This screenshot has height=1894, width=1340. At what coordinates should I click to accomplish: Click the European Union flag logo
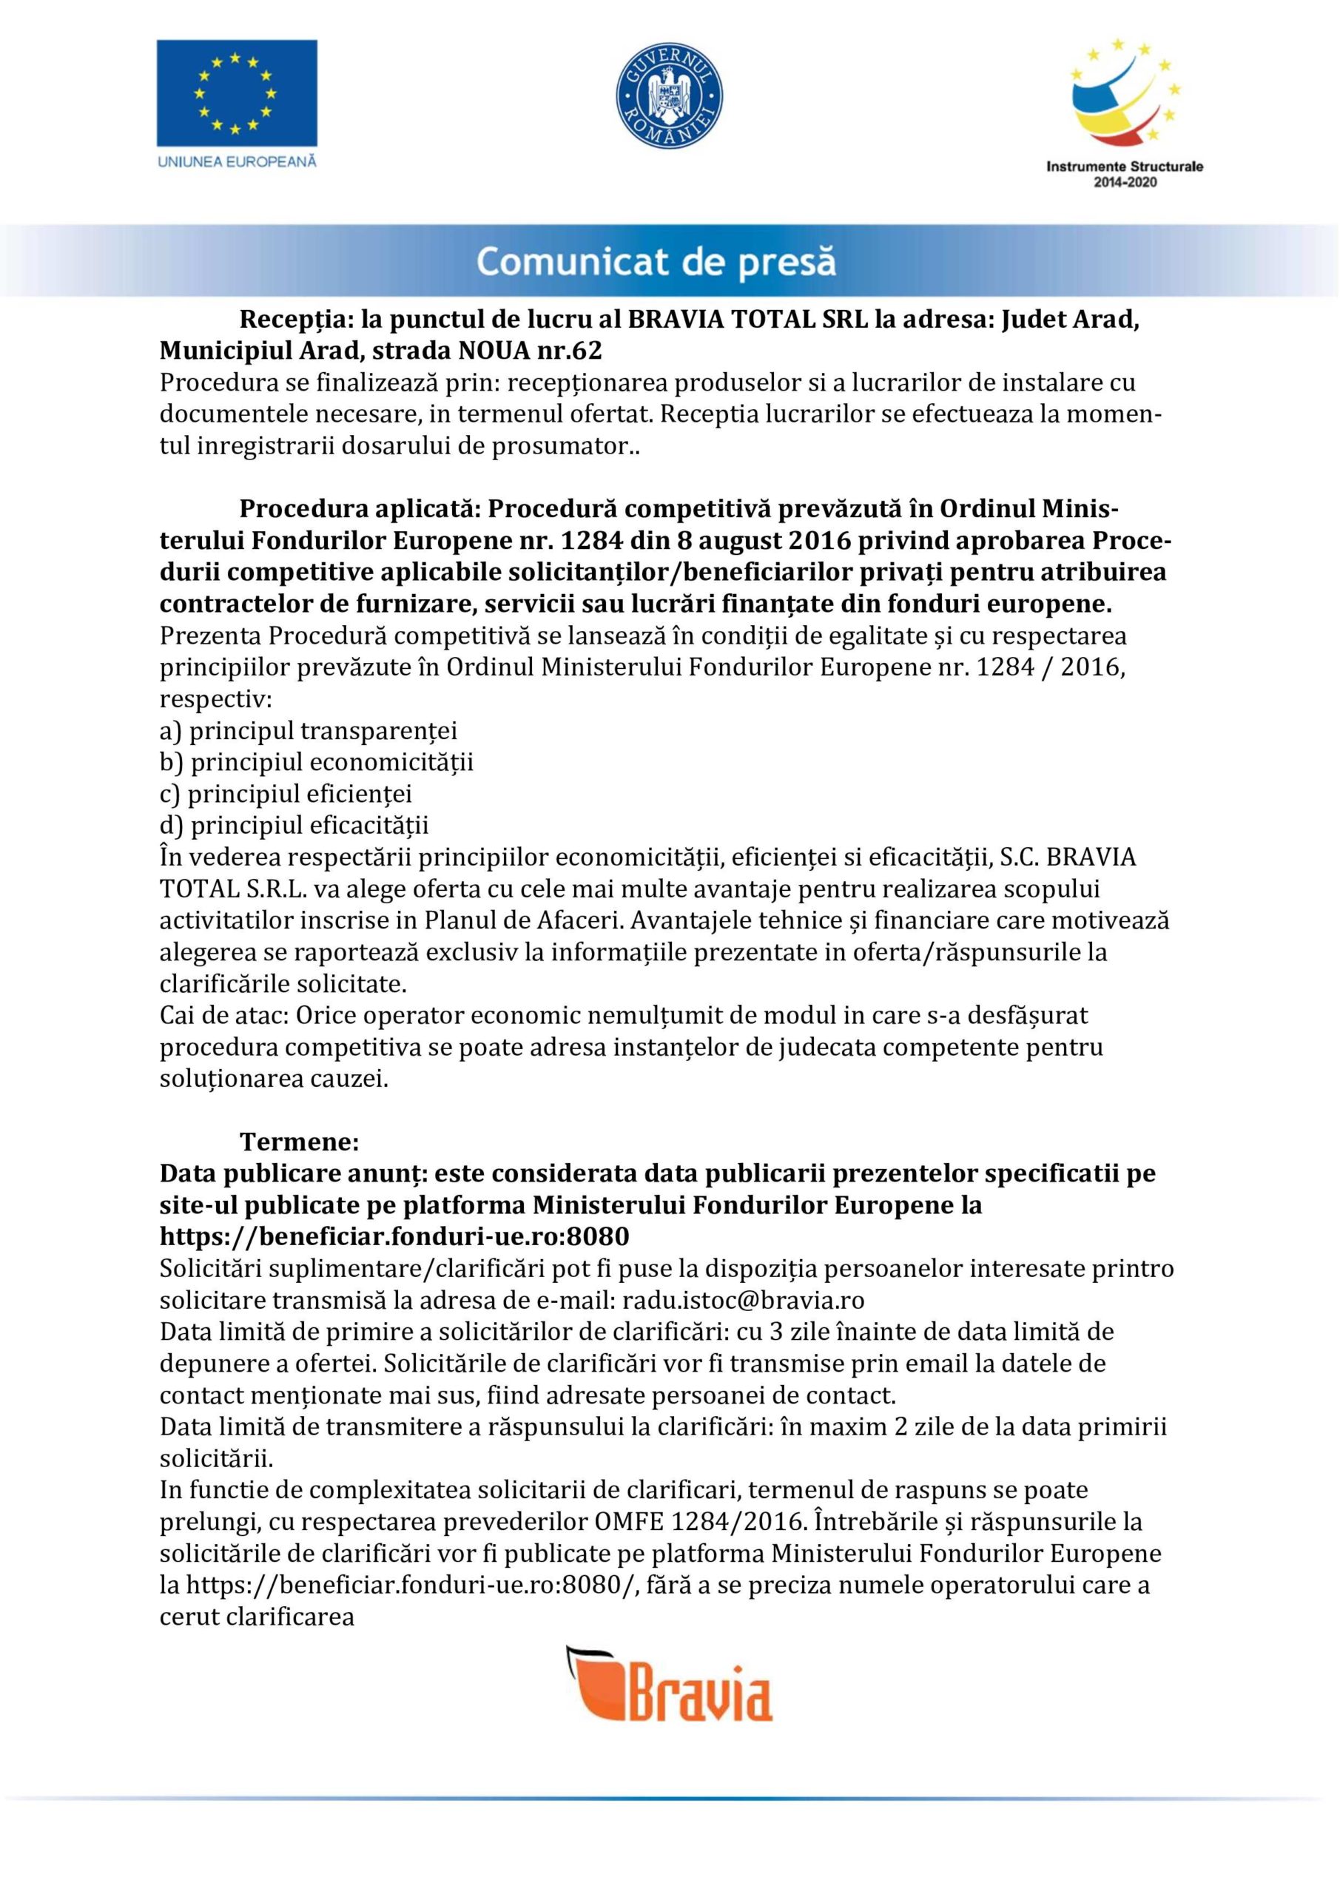coord(237,92)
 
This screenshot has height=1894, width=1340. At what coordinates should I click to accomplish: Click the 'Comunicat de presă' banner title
coord(656,263)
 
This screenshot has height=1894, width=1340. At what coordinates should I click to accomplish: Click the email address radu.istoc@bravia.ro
coord(743,1300)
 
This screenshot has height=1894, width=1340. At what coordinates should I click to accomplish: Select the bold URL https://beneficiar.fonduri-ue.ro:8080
coord(394,1236)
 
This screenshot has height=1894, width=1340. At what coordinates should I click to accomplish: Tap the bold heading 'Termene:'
coord(300,1142)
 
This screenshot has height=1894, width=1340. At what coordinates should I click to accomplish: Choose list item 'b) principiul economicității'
coord(316,762)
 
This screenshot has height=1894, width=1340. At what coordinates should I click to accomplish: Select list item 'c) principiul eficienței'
coord(286,794)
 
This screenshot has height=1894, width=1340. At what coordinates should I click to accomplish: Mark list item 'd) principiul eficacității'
coord(294,825)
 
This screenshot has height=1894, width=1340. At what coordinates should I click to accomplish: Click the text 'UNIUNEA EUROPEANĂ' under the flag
coord(237,162)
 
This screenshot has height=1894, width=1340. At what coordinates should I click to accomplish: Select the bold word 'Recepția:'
coord(291,319)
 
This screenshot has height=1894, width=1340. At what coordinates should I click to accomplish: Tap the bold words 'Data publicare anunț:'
coord(293,1173)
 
